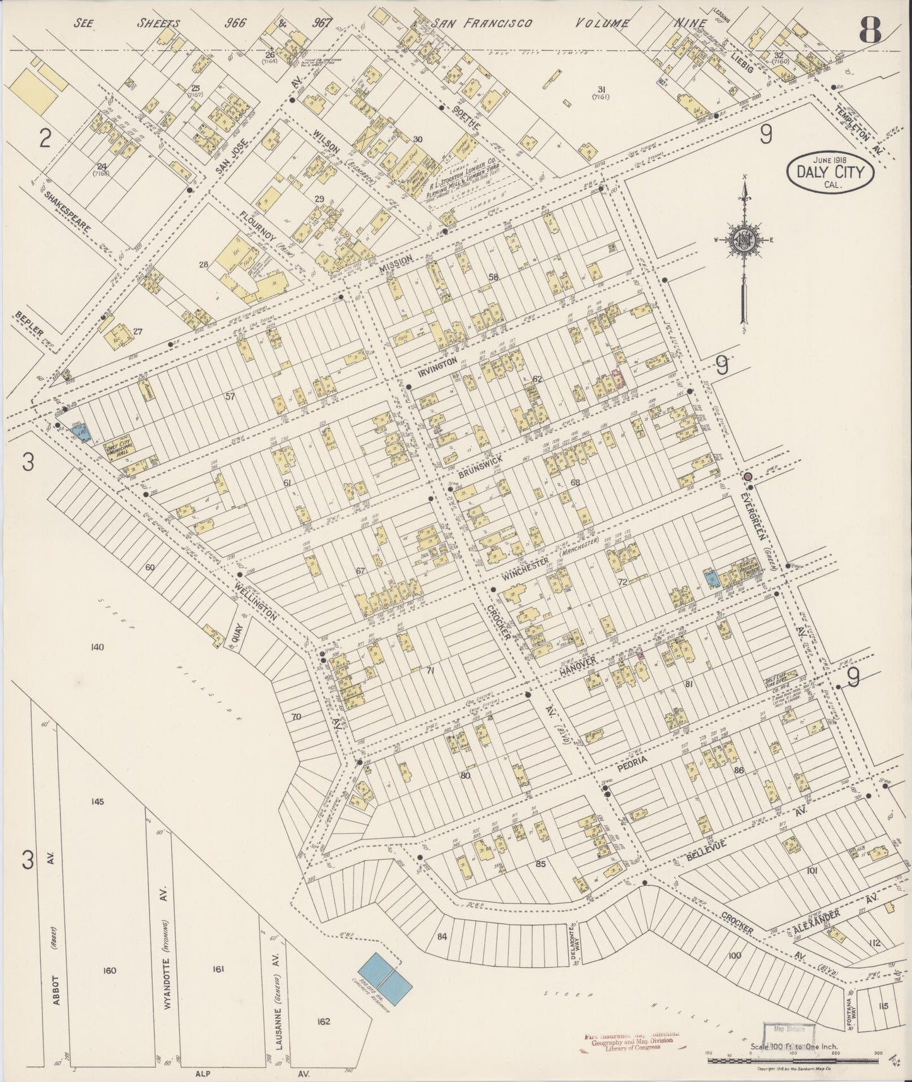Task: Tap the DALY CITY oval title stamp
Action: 829,170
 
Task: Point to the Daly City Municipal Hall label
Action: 120,451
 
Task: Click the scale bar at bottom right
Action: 792,1060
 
